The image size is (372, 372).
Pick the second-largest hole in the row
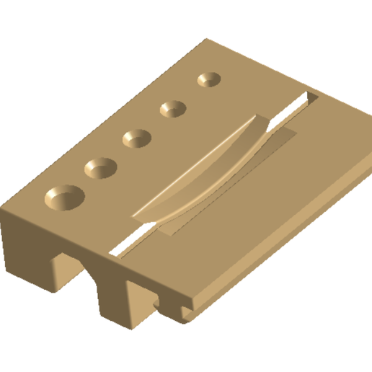[x=101, y=169]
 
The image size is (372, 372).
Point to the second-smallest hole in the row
[x=174, y=109]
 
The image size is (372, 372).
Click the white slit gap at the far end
[x=299, y=106]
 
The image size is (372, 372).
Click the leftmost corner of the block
[x=2, y=213]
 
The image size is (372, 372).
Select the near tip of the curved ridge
[x=137, y=217]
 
